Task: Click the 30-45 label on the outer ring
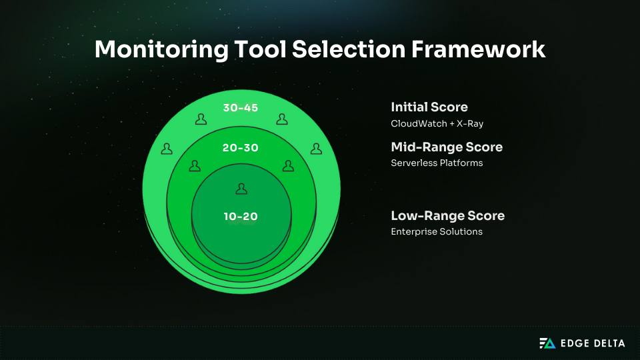click(241, 108)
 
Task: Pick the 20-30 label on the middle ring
click(241, 148)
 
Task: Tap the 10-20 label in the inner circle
click(241, 216)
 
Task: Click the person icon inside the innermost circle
click(241, 189)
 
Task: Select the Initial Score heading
click(429, 107)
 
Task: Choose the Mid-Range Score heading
click(447, 147)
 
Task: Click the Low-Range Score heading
click(447, 215)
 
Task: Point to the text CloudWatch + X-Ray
click(437, 124)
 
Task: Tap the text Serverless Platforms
click(437, 163)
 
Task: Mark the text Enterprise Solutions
click(437, 231)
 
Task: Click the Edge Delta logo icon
click(547, 343)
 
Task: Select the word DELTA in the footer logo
click(608, 343)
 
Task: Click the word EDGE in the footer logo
click(574, 343)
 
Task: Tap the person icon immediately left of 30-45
click(201, 119)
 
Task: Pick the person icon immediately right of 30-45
click(281, 119)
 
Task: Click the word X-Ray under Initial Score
click(469, 124)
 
